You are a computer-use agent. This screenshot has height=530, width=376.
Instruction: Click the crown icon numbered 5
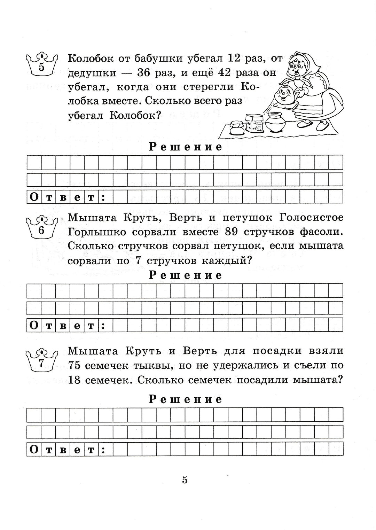click(x=41, y=64)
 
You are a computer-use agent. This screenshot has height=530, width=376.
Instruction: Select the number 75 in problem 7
click(x=75, y=366)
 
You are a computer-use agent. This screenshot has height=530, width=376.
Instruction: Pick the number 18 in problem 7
click(x=75, y=380)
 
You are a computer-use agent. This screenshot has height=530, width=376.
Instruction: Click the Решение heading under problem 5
click(x=185, y=147)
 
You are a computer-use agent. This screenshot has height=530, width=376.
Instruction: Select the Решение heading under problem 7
click(x=185, y=399)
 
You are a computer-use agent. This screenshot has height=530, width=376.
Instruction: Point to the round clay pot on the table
click(x=275, y=122)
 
